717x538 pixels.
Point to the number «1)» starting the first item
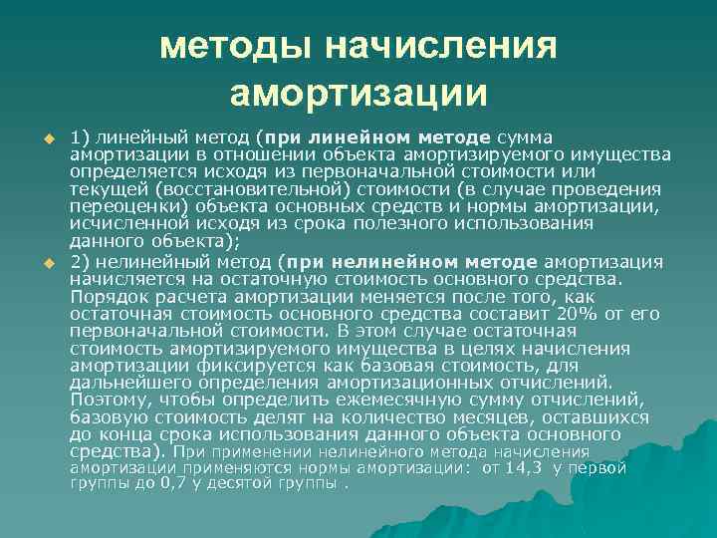pos(82,137)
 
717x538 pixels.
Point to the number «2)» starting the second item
pos(82,262)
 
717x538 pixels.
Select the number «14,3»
pos(526,467)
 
